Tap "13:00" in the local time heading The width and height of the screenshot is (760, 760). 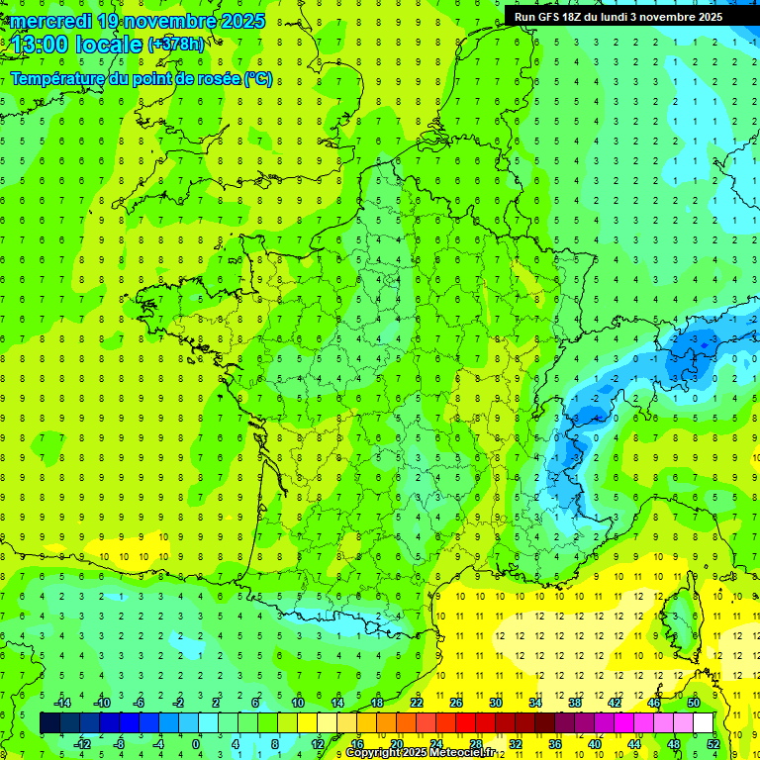(x=42, y=45)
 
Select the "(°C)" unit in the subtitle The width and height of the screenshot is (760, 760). (x=258, y=79)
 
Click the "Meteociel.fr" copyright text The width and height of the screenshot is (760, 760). (x=459, y=753)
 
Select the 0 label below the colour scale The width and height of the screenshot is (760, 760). (x=196, y=743)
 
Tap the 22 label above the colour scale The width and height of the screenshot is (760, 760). (x=417, y=703)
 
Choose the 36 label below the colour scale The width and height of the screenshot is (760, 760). (x=555, y=743)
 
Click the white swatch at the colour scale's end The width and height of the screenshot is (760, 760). (x=703, y=723)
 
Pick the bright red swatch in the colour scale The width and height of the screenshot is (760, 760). (x=465, y=723)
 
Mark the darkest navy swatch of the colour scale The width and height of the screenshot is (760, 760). (x=49, y=723)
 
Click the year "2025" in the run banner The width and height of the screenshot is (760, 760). (x=705, y=17)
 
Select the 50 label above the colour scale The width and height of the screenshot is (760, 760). (x=694, y=703)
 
